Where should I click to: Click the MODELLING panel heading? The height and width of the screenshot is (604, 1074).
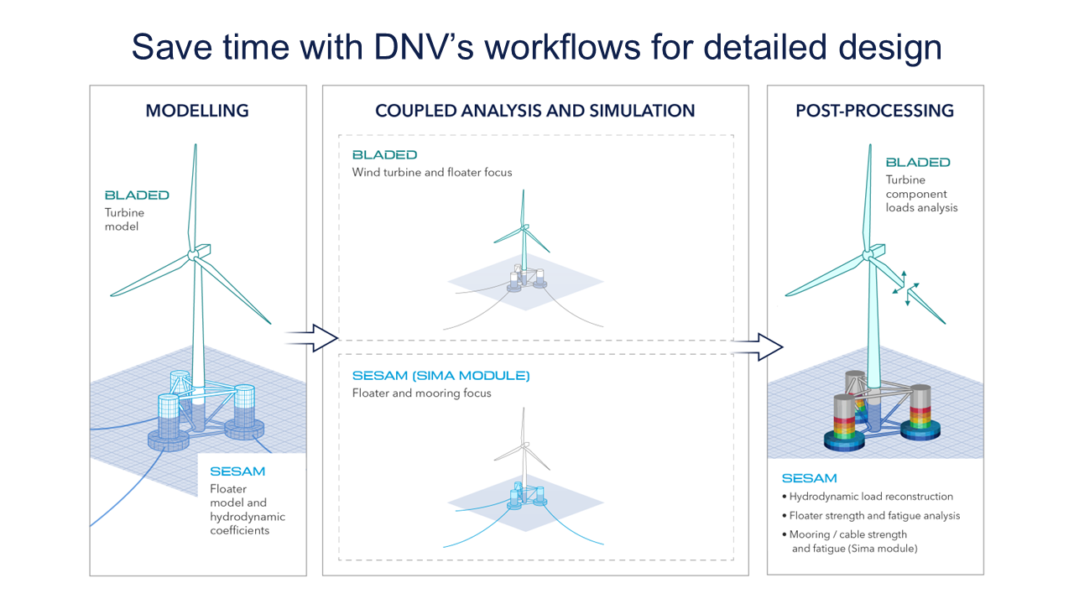click(197, 111)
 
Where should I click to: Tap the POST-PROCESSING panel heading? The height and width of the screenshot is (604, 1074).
click(874, 111)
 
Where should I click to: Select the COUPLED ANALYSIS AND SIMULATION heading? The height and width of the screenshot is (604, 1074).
click(534, 111)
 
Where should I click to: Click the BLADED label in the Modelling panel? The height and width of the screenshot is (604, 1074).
click(137, 195)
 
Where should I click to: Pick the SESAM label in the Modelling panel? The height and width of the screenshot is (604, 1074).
click(237, 472)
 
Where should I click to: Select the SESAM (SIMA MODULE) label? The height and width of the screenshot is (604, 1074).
click(441, 376)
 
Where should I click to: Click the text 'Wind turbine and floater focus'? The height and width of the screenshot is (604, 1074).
click(432, 173)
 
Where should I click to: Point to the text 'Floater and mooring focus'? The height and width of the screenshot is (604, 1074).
click(421, 393)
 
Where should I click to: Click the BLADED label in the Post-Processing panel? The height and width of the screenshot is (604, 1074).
click(917, 163)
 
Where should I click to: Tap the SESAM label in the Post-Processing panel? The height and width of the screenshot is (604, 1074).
click(809, 478)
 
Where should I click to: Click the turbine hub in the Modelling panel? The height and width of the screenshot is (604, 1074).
click(195, 254)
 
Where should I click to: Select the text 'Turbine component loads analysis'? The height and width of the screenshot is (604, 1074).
click(920, 194)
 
